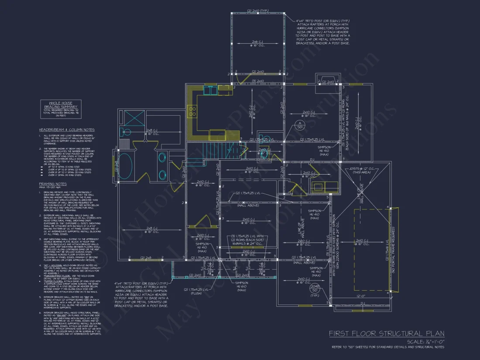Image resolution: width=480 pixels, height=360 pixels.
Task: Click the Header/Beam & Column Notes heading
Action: click(x=67, y=130)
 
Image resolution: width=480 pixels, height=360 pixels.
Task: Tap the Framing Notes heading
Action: click(x=53, y=184)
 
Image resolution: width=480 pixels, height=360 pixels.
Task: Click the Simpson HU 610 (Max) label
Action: click(x=241, y=286)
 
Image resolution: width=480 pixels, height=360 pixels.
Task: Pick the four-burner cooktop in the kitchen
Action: click(x=192, y=112)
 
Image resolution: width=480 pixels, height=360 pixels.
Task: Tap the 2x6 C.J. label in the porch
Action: click(x=257, y=44)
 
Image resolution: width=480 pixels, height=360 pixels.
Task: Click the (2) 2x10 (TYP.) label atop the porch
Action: click(x=258, y=10)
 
